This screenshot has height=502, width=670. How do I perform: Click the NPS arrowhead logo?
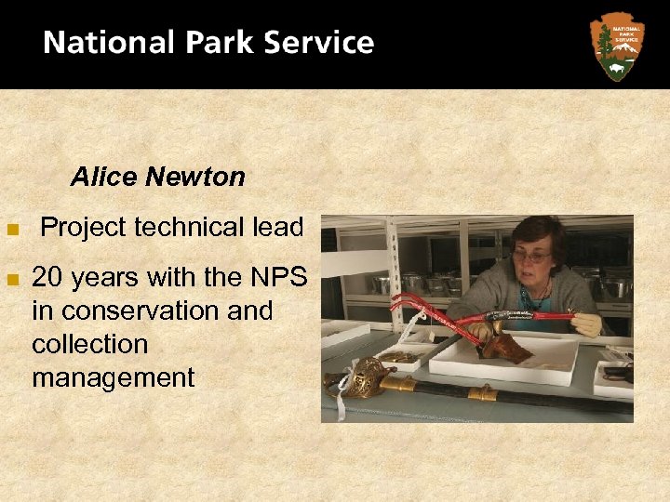pyautogui.click(x=616, y=45)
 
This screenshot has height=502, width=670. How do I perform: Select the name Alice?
pyautogui.click(x=102, y=177)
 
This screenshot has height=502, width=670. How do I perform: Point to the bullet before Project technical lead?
pyautogui.click(x=12, y=229)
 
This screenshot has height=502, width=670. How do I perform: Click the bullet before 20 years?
pyautogui.click(x=12, y=278)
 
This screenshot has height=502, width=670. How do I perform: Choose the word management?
pyautogui.click(x=114, y=377)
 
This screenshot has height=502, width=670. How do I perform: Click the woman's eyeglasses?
pyautogui.click(x=530, y=255)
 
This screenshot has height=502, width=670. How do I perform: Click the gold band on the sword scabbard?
pyautogui.click(x=481, y=392)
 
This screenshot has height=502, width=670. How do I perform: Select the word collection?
pyautogui.click(x=90, y=344)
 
